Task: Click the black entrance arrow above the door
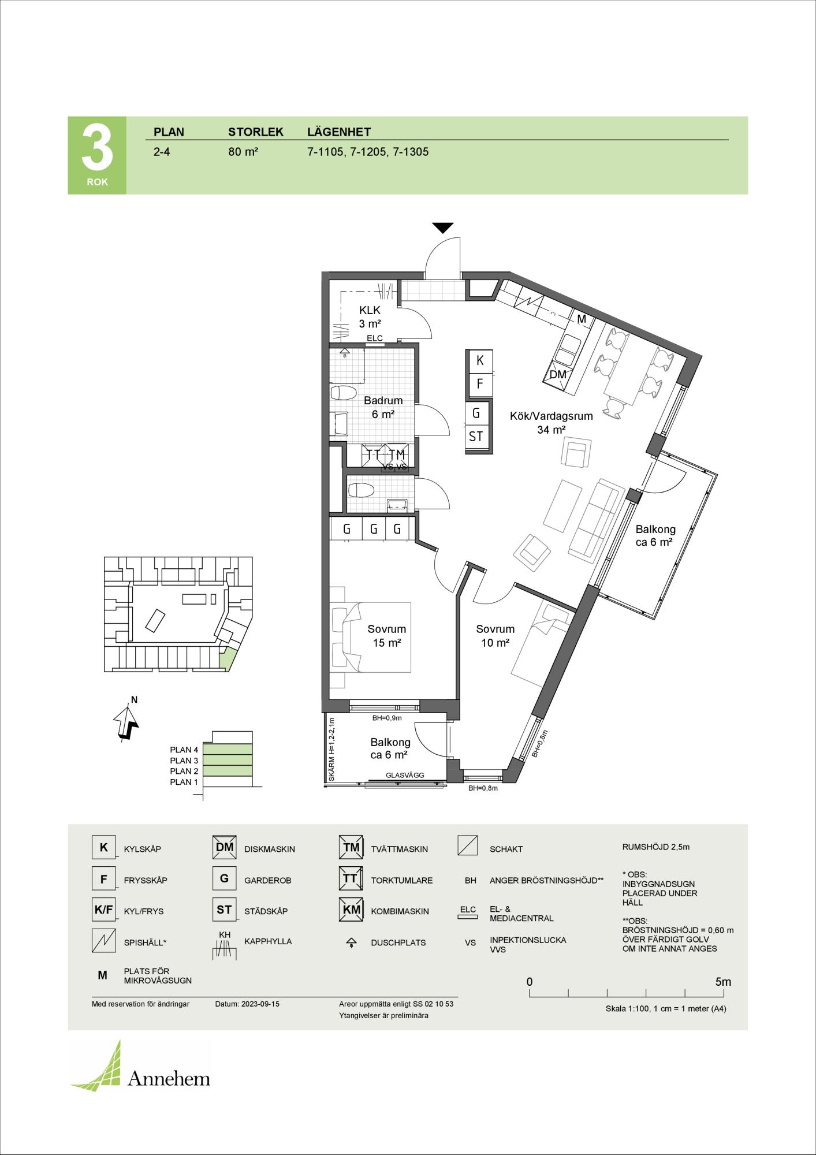pyautogui.click(x=443, y=228)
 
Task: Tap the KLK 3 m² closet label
pyautogui.click(x=370, y=317)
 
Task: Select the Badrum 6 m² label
pyautogui.click(x=383, y=407)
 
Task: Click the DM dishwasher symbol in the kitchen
pyautogui.click(x=558, y=374)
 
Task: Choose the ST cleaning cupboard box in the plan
pyautogui.click(x=476, y=437)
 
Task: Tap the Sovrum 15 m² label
pyautogui.click(x=387, y=636)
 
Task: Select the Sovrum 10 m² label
pyautogui.click(x=495, y=636)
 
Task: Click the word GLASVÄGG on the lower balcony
pyautogui.click(x=405, y=776)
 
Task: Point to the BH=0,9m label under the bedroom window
pyautogui.click(x=387, y=718)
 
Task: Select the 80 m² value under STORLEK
pyautogui.click(x=243, y=152)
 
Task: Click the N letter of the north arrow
pyautogui.click(x=135, y=700)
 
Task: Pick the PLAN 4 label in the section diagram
pyautogui.click(x=184, y=750)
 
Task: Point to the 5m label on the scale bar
pyautogui.click(x=723, y=982)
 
